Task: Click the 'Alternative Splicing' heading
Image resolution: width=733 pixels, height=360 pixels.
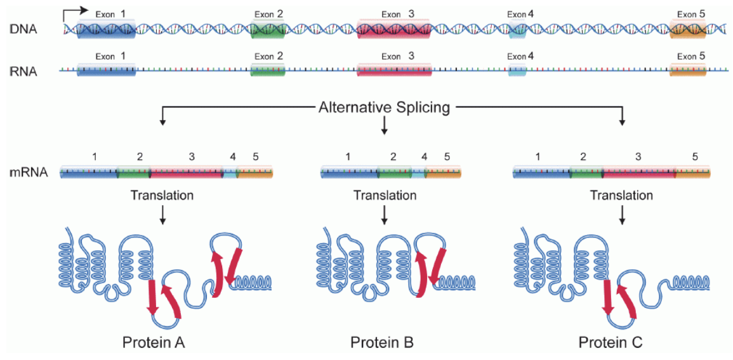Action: click(384, 107)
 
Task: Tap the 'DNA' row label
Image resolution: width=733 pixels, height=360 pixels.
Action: click(25, 29)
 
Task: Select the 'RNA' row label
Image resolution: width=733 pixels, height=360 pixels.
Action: click(25, 71)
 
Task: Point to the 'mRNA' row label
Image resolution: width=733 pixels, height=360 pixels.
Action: click(29, 171)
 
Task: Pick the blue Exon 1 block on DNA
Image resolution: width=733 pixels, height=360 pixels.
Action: click(106, 29)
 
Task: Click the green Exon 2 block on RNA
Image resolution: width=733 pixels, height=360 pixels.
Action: click(268, 70)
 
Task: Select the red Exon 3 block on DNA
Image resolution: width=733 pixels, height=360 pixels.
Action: click(394, 29)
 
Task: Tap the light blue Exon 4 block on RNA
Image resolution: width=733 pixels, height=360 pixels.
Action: click(518, 70)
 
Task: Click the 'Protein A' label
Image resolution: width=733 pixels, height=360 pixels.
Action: click(154, 343)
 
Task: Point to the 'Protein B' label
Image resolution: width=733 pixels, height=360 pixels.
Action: click(382, 343)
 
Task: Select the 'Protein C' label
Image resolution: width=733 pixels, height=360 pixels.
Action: click(611, 343)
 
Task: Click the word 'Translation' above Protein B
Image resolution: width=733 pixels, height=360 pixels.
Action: click(385, 196)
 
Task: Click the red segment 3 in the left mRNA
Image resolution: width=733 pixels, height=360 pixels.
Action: click(186, 172)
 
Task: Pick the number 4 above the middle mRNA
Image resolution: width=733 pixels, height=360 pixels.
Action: click(424, 156)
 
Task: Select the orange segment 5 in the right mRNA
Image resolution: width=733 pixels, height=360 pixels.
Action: click(692, 172)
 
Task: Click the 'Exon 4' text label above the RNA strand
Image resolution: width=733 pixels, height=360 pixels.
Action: click(520, 57)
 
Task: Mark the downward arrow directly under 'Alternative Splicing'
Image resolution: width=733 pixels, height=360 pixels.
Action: click(384, 127)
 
